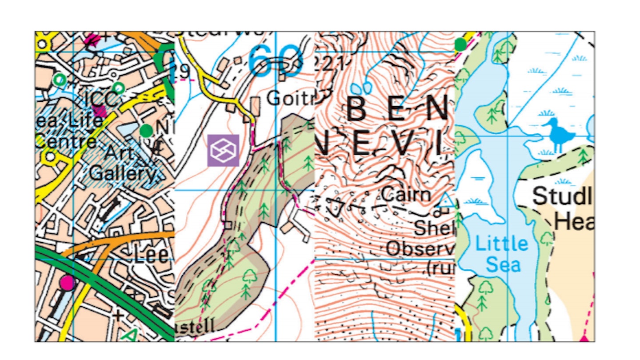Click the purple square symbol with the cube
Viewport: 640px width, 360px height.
(x=223, y=151)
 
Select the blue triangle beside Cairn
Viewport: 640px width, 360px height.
(x=445, y=201)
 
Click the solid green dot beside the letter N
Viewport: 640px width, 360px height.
(x=146, y=131)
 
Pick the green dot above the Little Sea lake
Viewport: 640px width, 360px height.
(x=461, y=44)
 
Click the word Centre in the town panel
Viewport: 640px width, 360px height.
(x=66, y=141)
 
